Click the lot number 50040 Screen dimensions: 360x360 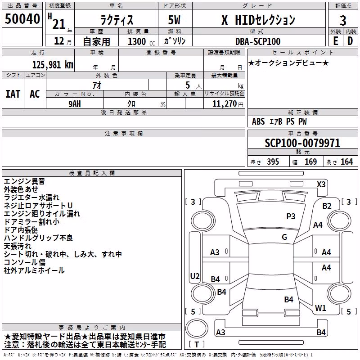(22, 19)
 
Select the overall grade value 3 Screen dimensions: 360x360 (343, 20)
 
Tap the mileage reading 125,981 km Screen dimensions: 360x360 (53, 64)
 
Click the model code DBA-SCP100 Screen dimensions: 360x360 (258, 41)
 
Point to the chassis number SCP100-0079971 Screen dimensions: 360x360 (302, 143)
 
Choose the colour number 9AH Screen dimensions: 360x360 (75, 104)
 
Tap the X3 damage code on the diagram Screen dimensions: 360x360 (321, 184)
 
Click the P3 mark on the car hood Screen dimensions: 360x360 (291, 216)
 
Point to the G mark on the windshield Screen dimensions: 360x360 (284, 237)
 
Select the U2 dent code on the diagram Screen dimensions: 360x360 (195, 276)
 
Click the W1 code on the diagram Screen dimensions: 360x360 (320, 308)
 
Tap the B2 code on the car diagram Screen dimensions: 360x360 (327, 206)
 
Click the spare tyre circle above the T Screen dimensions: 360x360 (197, 328)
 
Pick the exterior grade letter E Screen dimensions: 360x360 (336, 41)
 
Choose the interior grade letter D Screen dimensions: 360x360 (350, 41)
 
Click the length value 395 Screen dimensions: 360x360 (273, 162)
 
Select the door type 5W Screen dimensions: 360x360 (174, 20)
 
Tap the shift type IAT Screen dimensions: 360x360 (13, 94)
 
